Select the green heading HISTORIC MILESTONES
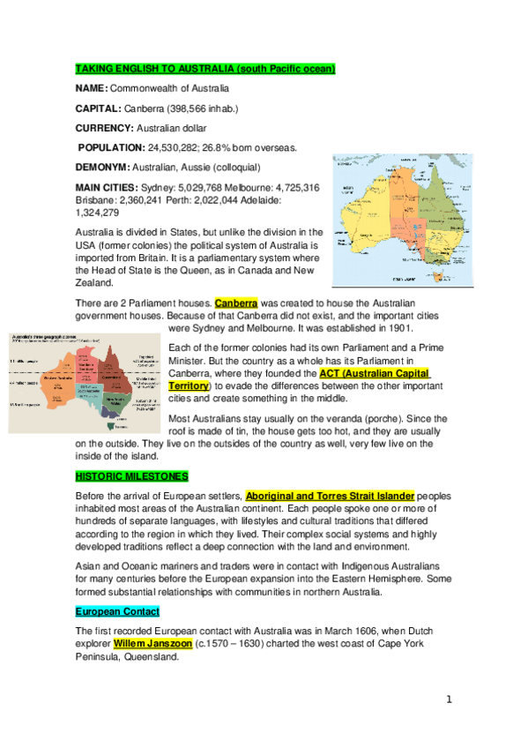point(132,476)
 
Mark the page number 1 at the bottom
point(449,699)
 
